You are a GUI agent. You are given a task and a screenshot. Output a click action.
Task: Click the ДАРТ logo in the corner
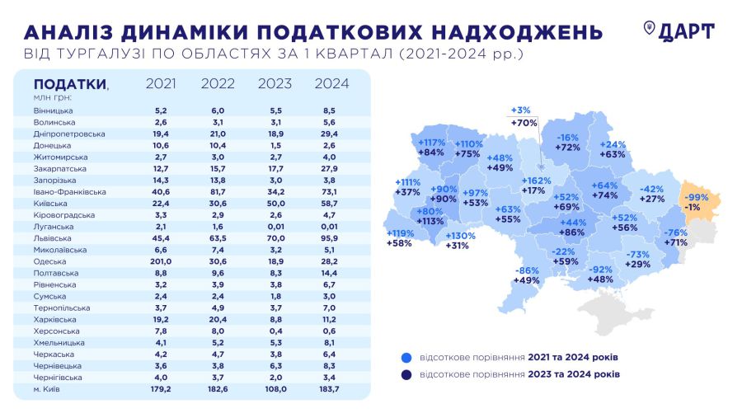[679, 31]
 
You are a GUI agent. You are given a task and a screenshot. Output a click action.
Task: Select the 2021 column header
[161, 83]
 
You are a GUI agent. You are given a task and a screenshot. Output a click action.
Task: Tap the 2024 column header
[332, 83]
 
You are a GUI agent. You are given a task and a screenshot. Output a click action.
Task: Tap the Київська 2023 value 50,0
[275, 203]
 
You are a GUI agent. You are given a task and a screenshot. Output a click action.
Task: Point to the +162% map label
[537, 180]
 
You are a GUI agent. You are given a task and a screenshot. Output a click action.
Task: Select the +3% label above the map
[521, 110]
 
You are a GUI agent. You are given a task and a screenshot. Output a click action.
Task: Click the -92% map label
[601, 269]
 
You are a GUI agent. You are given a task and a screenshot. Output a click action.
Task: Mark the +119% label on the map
[402, 232]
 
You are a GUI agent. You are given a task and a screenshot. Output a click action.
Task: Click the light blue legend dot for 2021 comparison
[405, 357]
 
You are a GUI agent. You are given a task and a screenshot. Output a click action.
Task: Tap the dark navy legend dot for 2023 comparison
[405, 374]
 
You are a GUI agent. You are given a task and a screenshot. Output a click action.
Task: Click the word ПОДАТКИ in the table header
[69, 84]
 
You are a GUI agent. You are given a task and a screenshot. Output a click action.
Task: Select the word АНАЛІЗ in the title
[69, 32]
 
